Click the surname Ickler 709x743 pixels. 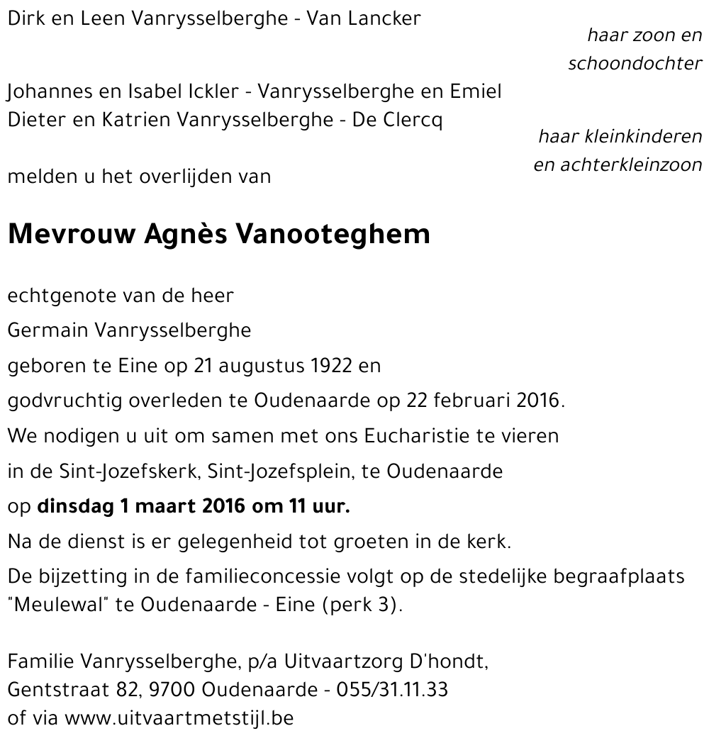(x=212, y=91)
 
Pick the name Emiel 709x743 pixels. (x=476, y=91)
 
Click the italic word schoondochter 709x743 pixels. (x=635, y=64)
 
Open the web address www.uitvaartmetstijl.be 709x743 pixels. (x=179, y=717)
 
